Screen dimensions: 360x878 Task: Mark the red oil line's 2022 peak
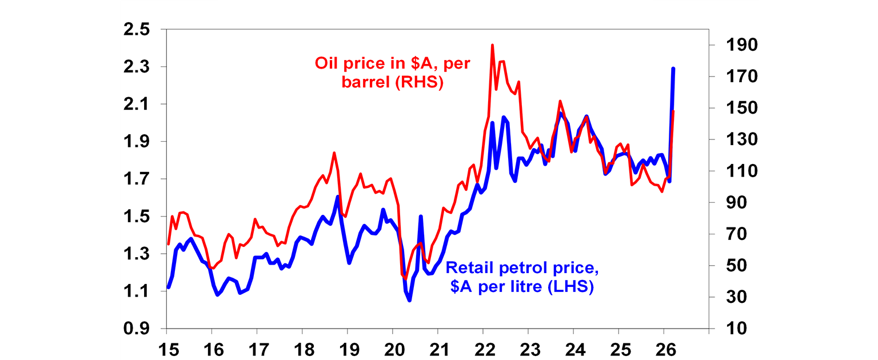point(492,45)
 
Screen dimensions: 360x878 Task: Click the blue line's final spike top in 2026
point(673,69)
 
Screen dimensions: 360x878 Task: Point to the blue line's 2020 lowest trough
point(409,300)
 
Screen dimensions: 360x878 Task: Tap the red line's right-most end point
point(673,111)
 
